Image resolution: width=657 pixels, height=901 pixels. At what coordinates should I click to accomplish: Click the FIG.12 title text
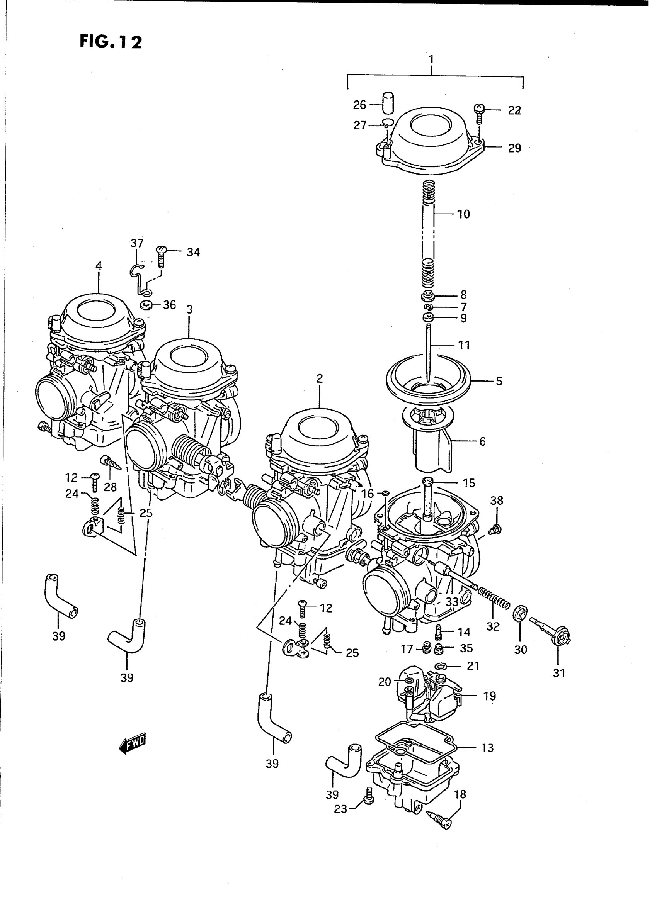coord(111,41)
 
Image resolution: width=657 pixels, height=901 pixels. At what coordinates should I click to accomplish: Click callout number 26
coord(359,105)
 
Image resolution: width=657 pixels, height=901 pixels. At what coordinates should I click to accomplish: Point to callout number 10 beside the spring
coord(463,214)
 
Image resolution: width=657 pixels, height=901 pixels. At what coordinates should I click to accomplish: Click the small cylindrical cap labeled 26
coord(388,103)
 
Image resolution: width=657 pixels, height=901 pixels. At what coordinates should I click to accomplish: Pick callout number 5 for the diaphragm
coord(499,381)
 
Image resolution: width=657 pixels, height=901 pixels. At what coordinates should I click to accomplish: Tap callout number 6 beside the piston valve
coord(482,441)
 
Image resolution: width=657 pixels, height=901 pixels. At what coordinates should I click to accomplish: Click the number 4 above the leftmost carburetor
coord(99,265)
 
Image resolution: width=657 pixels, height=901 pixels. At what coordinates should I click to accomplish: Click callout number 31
coord(559,673)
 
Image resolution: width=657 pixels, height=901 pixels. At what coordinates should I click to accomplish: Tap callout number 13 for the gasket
coord(487,748)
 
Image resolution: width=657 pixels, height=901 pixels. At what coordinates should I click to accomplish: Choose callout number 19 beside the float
coord(490,696)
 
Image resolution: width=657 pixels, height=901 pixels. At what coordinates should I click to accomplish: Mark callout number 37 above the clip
coord(137,243)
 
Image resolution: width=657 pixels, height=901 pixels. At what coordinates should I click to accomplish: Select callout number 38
coord(497,501)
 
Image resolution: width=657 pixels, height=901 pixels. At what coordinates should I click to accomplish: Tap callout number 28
coord(110,487)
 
